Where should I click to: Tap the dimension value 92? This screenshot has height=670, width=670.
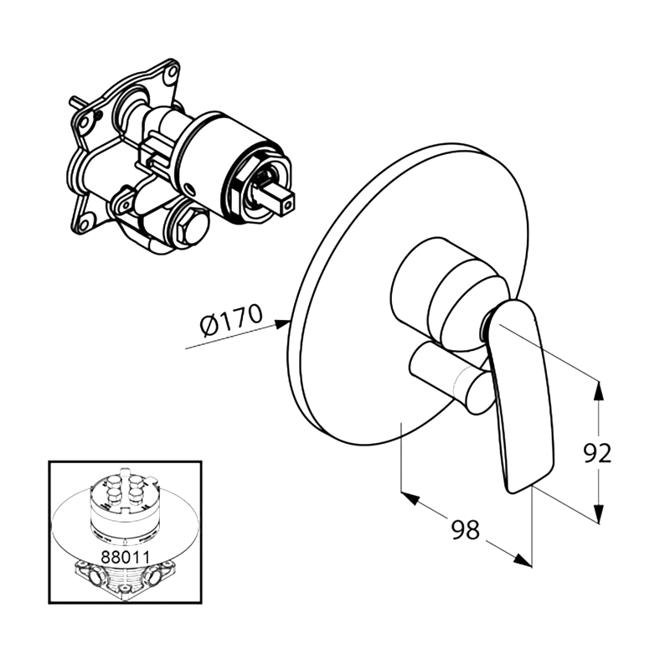(x=598, y=453)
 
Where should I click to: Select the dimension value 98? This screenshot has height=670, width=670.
(x=466, y=530)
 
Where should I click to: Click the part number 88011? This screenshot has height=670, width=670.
(x=125, y=557)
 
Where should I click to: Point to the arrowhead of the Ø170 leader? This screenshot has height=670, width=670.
(x=282, y=322)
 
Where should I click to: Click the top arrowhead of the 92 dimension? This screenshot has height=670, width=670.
(x=599, y=390)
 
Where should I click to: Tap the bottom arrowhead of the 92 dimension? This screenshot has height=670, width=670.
(x=599, y=513)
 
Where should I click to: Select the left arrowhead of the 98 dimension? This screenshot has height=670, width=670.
(x=410, y=497)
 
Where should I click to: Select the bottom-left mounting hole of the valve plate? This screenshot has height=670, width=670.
(x=86, y=224)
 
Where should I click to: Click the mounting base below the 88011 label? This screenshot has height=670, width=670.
(x=125, y=579)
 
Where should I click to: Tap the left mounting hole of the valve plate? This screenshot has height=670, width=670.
(x=84, y=122)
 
